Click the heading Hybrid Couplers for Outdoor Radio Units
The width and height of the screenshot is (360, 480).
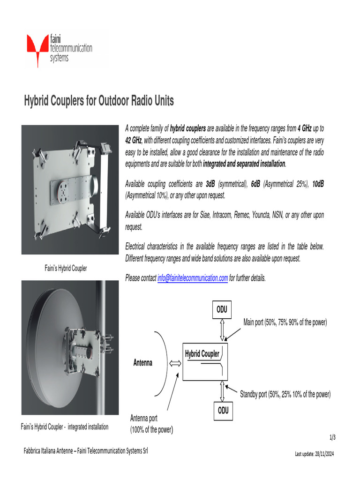[x=98, y=101]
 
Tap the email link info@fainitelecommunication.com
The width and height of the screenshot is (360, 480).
[x=193, y=278]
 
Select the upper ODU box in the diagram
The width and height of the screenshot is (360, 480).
[x=223, y=310]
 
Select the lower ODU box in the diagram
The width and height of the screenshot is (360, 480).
[x=223, y=410]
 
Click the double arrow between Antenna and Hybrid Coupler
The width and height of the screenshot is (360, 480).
[x=174, y=362]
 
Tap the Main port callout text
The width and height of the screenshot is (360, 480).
[x=285, y=322]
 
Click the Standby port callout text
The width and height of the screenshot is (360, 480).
[x=285, y=394]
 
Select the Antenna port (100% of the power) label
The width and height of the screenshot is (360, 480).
[x=151, y=424]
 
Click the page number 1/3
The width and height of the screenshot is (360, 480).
[x=332, y=438]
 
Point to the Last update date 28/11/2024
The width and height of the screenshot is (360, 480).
[x=314, y=454]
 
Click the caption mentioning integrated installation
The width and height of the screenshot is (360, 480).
[x=65, y=427]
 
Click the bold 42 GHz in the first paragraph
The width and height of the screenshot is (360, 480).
[x=133, y=140]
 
